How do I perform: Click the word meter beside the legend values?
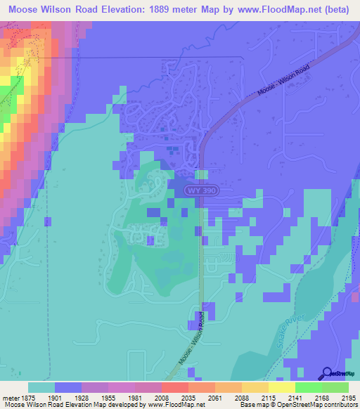10,398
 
